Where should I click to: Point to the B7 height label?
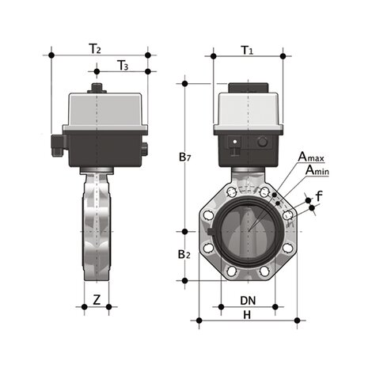(x=184, y=158)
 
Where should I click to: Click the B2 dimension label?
(x=184, y=255)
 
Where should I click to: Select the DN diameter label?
(x=248, y=300)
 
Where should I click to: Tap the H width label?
(x=247, y=314)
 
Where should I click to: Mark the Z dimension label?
(x=96, y=299)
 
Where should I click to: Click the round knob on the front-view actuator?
(x=262, y=143)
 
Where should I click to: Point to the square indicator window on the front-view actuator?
(x=234, y=143)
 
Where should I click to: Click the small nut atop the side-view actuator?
(x=98, y=85)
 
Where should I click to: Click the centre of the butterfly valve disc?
(x=248, y=232)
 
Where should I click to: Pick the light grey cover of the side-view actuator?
(x=99, y=111)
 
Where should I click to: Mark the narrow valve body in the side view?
(x=96, y=230)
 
